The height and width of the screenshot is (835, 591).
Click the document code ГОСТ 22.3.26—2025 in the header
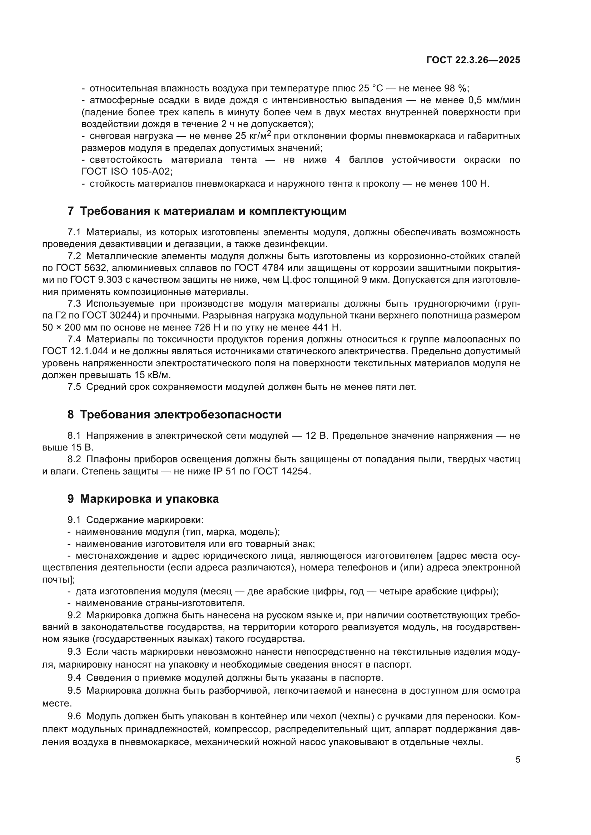473,60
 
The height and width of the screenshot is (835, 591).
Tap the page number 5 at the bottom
517,759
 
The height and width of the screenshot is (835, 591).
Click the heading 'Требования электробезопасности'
174,414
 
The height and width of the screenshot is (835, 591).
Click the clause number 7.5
74,387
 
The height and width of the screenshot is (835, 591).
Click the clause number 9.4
74,678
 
